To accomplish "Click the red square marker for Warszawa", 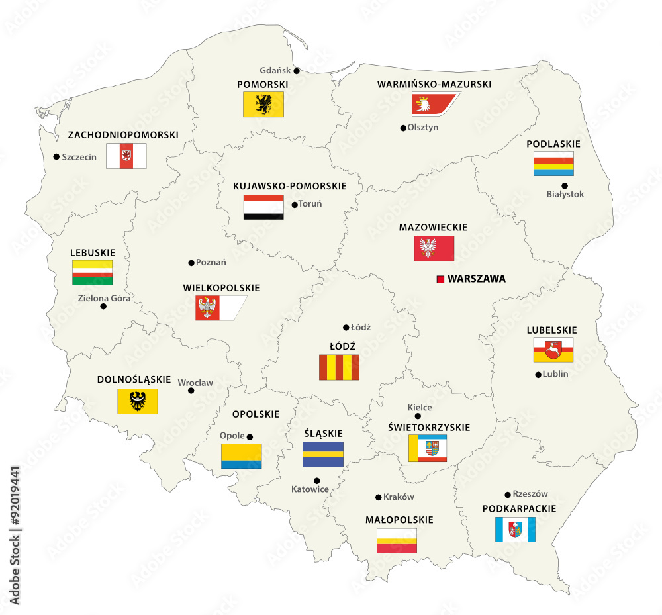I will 440,279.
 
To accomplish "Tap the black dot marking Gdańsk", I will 297,71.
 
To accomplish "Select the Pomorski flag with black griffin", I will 263,105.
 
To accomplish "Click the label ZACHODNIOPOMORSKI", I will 123,134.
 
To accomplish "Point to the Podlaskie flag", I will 553,164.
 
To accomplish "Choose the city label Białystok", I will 565,195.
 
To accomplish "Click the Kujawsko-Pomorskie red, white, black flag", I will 263,207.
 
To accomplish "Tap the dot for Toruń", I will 295,205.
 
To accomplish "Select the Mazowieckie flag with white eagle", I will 434,248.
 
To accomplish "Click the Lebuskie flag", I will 92,272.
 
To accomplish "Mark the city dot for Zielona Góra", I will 103,307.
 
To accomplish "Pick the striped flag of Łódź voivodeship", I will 339,367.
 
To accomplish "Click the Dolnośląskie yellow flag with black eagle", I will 138,401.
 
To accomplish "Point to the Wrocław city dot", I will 191,391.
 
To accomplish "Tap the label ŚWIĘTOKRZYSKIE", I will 429,428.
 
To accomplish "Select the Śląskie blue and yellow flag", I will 323,454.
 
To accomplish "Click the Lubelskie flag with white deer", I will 553,350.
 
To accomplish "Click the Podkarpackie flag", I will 515,530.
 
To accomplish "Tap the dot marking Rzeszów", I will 508,495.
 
